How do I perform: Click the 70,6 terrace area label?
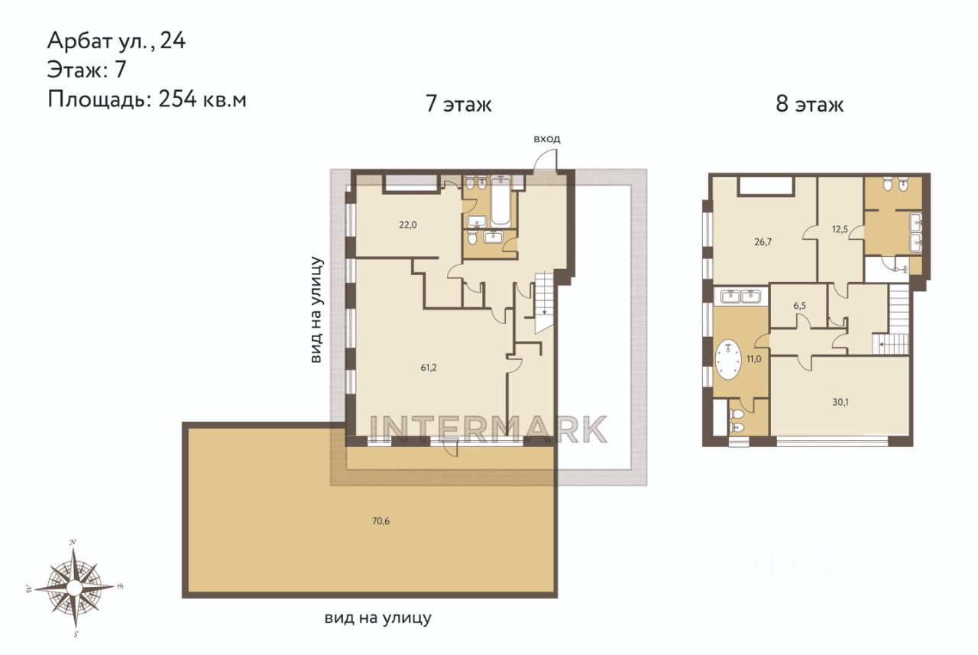[381, 521]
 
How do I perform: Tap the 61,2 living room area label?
[429, 368]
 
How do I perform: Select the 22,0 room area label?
[408, 225]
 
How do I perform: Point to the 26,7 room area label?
[763, 242]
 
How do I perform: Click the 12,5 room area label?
[840, 229]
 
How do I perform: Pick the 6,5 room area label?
[799, 306]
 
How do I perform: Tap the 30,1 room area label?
[840, 402]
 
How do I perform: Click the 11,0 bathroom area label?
[753, 359]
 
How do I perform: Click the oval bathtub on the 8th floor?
[728, 360]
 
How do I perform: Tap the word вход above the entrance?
[546, 139]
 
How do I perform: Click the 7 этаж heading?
[458, 104]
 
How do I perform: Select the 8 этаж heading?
[809, 104]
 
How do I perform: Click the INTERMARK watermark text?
[488, 429]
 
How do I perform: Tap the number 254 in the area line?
[178, 99]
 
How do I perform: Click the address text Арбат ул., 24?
[116, 41]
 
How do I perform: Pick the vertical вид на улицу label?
[316, 310]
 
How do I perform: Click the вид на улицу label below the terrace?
[377, 618]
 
